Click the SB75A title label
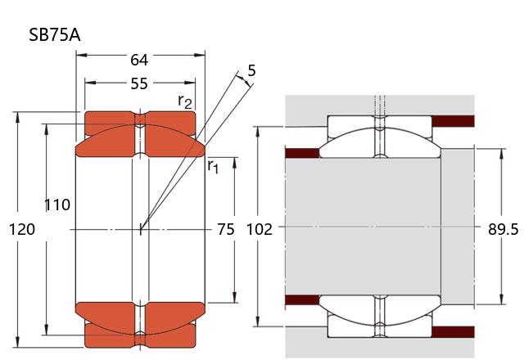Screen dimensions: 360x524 (53, 35)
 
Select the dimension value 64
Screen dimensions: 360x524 (139, 60)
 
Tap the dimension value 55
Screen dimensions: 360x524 (139, 83)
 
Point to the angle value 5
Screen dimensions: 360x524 (251, 71)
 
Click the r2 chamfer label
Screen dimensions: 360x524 (186, 101)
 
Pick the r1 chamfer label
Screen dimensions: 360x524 (213, 166)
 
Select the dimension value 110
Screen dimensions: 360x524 (57, 205)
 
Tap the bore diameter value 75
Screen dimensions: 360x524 (226, 229)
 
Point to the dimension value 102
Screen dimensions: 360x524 (259, 230)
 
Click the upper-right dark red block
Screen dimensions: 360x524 (453, 121)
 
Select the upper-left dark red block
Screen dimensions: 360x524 (301, 153)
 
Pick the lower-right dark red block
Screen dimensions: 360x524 (453, 331)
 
